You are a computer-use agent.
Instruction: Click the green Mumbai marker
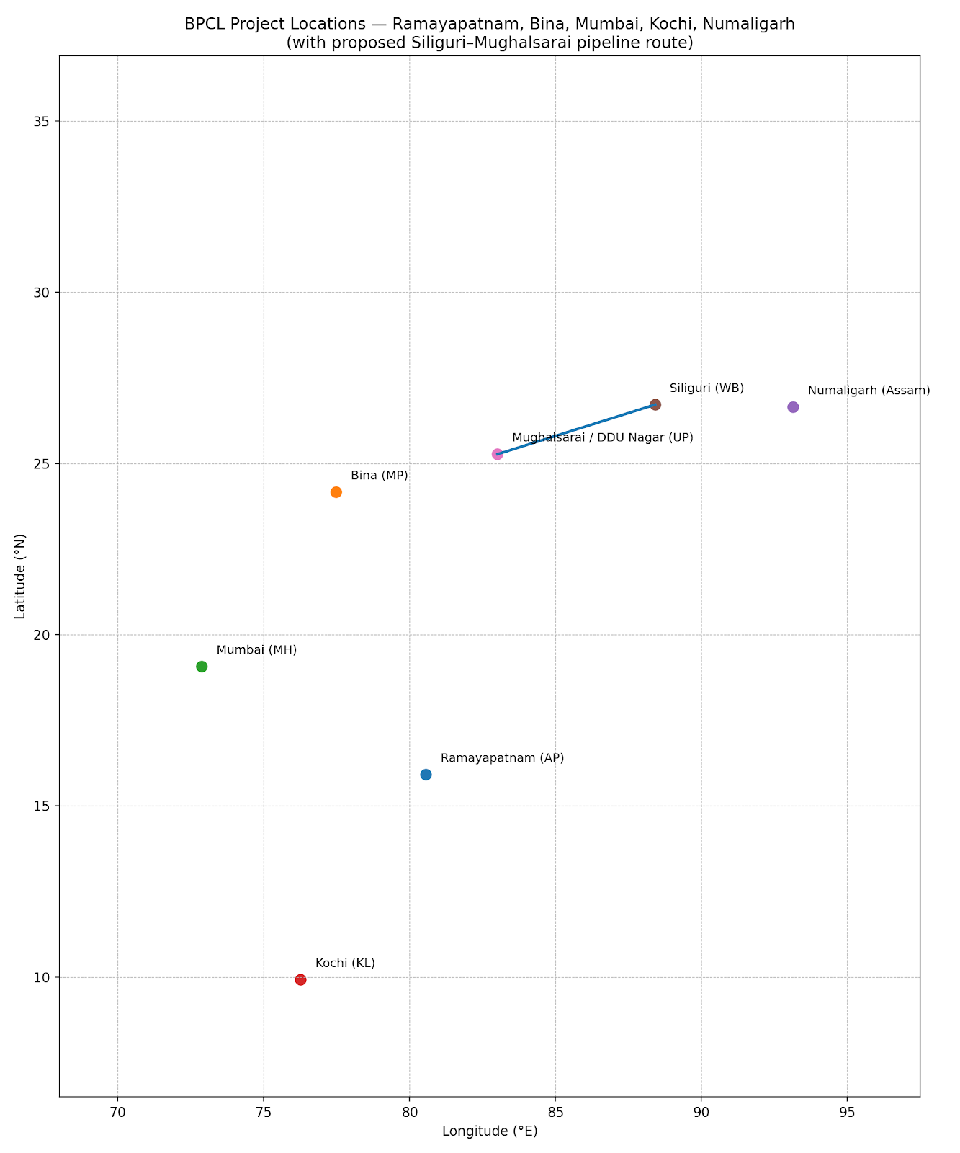pyautogui.click(x=202, y=667)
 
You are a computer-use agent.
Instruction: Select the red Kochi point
pyautogui.click(x=300, y=980)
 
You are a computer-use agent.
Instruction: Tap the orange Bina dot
pyautogui.click(x=336, y=492)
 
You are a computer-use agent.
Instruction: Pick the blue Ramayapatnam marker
pyautogui.click(x=426, y=775)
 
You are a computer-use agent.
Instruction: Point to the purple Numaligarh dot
pyautogui.click(x=793, y=407)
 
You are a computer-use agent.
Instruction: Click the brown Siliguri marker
pyautogui.click(x=655, y=405)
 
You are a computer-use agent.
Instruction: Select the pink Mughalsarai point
pyautogui.click(x=497, y=454)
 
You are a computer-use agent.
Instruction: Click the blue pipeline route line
pyautogui.click(x=576, y=429)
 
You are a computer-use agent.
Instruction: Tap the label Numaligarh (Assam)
pyautogui.click(x=869, y=391)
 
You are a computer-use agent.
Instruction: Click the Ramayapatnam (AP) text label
pyautogui.click(x=502, y=758)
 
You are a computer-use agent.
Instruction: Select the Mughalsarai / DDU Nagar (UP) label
pyautogui.click(x=602, y=437)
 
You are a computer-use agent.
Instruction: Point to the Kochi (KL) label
pyautogui.click(x=345, y=963)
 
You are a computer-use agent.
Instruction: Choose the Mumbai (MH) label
pyautogui.click(x=256, y=650)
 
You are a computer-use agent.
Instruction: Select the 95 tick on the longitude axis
pyautogui.click(x=847, y=1112)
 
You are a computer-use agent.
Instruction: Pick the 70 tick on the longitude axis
pyautogui.click(x=117, y=1112)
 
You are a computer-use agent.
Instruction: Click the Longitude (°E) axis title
pyautogui.click(x=490, y=1131)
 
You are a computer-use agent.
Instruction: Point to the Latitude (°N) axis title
pyautogui.click(x=20, y=576)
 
